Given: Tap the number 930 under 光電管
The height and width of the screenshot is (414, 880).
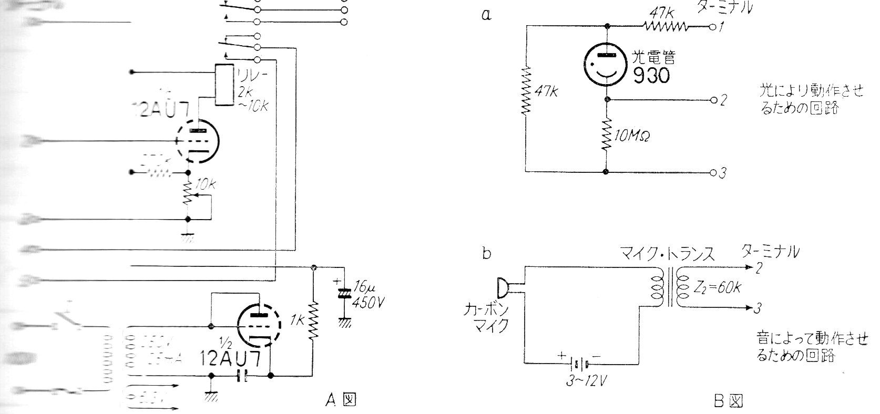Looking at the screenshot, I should click(651, 76).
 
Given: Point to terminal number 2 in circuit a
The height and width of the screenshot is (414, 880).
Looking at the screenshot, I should click(723, 100).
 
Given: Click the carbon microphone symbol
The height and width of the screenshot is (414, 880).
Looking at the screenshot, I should click(503, 287).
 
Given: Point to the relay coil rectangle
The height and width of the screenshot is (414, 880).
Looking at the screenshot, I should click(224, 86).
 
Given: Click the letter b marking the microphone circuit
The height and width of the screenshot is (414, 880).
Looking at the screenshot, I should click(487, 254).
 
